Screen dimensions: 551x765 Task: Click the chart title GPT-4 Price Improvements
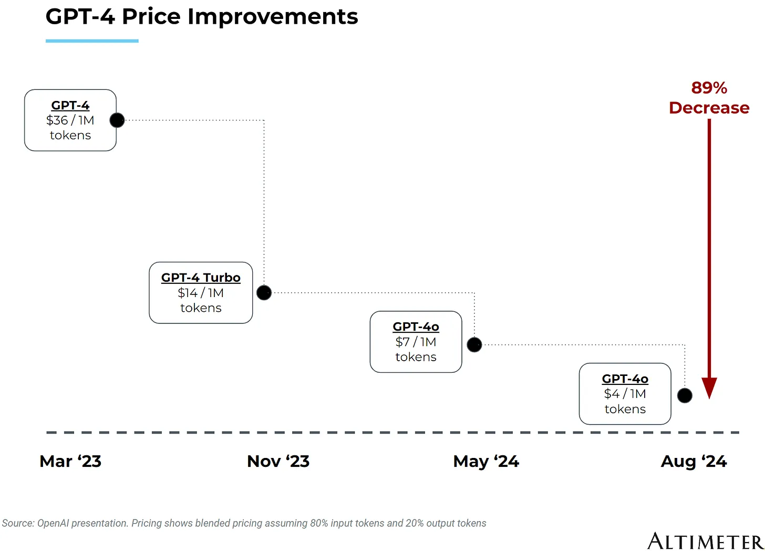(x=202, y=17)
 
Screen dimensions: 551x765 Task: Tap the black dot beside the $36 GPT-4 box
(x=117, y=120)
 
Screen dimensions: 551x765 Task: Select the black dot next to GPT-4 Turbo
(x=264, y=292)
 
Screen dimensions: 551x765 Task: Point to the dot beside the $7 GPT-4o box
(x=474, y=345)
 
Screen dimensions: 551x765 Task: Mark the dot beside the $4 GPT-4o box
(x=685, y=395)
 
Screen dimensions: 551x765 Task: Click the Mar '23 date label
(x=70, y=462)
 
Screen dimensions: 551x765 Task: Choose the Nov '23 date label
(x=278, y=462)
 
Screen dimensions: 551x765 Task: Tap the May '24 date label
(x=486, y=462)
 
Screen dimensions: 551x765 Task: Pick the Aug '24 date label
(x=694, y=462)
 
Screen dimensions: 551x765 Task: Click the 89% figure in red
(x=709, y=88)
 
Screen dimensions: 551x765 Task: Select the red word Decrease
(x=709, y=108)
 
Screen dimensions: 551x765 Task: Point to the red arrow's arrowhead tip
(x=709, y=397)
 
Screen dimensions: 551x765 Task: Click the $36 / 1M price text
(x=70, y=120)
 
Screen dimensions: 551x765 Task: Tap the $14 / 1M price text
(x=201, y=293)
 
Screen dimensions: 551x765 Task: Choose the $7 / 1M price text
(x=416, y=342)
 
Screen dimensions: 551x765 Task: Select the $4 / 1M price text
(x=625, y=394)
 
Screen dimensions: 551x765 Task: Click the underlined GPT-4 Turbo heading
(x=201, y=278)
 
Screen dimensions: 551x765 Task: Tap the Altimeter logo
(x=705, y=541)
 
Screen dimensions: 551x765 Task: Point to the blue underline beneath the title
(x=92, y=40)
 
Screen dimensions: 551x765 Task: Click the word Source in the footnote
(x=17, y=523)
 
